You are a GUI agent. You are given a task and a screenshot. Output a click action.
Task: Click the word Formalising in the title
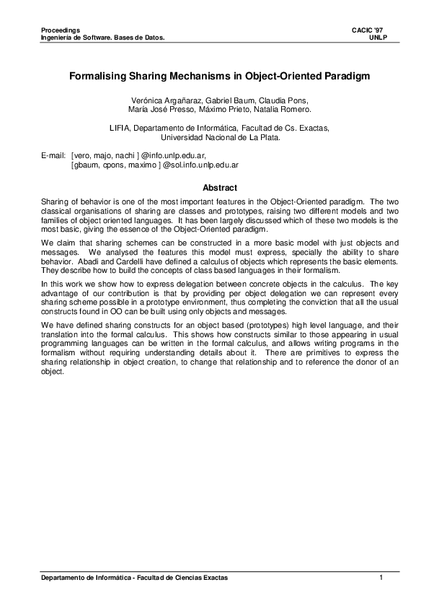click(x=99, y=74)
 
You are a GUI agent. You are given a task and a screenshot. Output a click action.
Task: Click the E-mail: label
click(x=54, y=155)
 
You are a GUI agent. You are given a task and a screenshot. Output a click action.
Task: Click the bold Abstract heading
click(x=220, y=187)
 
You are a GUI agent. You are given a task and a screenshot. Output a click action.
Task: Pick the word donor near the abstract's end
click(x=361, y=362)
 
